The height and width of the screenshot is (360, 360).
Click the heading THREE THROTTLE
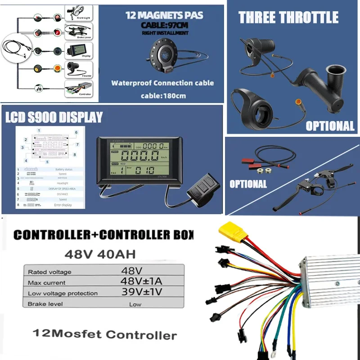click(x=288, y=18)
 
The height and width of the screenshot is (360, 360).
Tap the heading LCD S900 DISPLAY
click(x=54, y=118)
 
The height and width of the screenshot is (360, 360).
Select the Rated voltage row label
click(x=49, y=272)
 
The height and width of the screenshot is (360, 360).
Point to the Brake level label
click(x=46, y=304)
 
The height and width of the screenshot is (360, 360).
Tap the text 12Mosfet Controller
click(x=105, y=334)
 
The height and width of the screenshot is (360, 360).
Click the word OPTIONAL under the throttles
click(x=330, y=126)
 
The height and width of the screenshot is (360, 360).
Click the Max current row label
click(x=46, y=283)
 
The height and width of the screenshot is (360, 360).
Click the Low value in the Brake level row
click(x=135, y=304)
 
